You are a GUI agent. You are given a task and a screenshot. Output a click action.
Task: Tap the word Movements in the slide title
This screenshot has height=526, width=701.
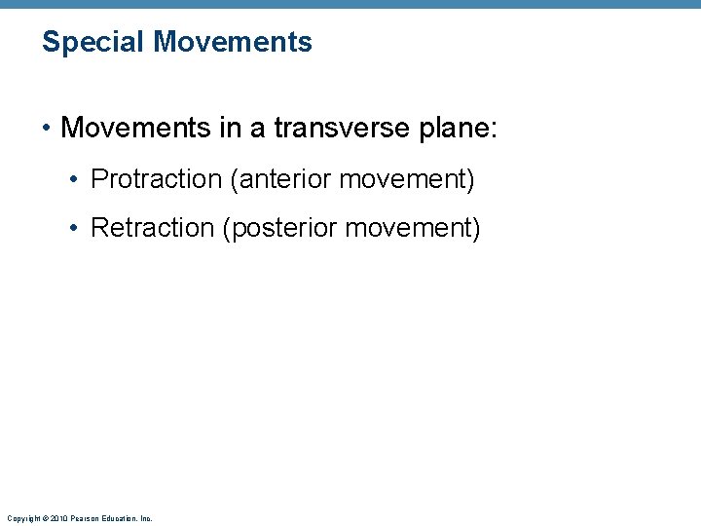tap(233, 42)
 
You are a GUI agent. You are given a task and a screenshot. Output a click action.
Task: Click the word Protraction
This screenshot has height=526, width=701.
tap(156, 179)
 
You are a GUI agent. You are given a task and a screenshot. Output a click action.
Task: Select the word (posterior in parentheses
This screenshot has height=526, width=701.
tap(282, 228)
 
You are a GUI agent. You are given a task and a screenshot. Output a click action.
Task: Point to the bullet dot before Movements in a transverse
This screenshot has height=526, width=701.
tap(47, 129)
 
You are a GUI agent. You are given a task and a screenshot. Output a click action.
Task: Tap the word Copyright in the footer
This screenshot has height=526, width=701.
tap(19, 518)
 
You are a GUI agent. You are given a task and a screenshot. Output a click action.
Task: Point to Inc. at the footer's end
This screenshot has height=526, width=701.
tap(145, 518)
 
